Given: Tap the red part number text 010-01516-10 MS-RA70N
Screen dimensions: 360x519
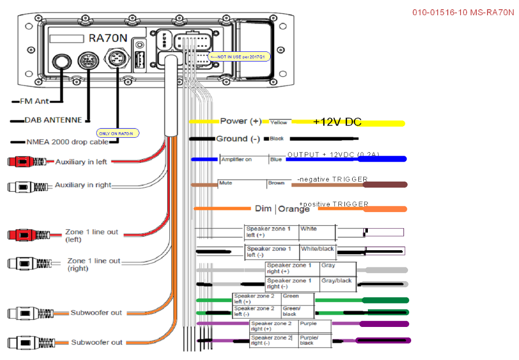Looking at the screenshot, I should (463, 13).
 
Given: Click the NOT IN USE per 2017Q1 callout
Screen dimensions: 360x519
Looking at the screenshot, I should (239, 57).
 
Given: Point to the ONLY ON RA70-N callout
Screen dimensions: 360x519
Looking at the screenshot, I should (118, 133).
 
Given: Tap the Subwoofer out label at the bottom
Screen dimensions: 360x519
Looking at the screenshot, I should (97, 342).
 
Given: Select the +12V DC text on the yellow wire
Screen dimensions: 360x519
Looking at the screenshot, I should (337, 122).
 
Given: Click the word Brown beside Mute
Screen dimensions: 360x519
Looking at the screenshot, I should (276, 183).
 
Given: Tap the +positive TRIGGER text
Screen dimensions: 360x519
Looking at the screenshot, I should (334, 204).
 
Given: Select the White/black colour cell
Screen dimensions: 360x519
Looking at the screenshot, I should (317, 249).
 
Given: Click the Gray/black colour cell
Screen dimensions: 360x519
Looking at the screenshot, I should (336, 281).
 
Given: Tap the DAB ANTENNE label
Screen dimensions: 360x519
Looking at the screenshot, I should (53, 121).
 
